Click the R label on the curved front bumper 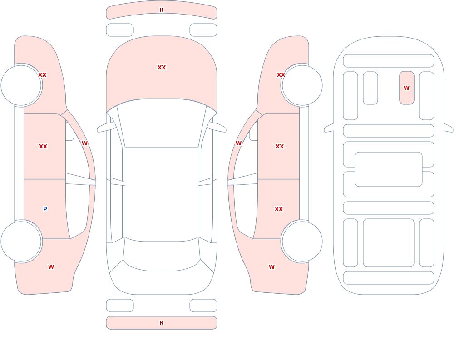pos(161,10)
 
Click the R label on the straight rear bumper pos(161,323)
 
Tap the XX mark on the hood pos(162,68)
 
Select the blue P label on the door pos(45,209)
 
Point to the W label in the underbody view pos(406,88)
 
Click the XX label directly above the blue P pos(43,147)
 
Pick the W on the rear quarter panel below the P pos(51,267)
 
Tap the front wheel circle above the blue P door pos(21,85)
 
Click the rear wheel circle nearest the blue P pos(21,241)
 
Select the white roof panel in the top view pos(162,194)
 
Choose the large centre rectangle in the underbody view pos(389,169)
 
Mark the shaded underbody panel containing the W pos(406,88)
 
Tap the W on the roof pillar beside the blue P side pos(84,143)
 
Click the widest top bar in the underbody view pos(389,61)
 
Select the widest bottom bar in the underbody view pos(389,278)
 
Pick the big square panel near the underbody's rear pos(389,243)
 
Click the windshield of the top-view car pos(162,123)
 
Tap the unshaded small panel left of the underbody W pos(370,88)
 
